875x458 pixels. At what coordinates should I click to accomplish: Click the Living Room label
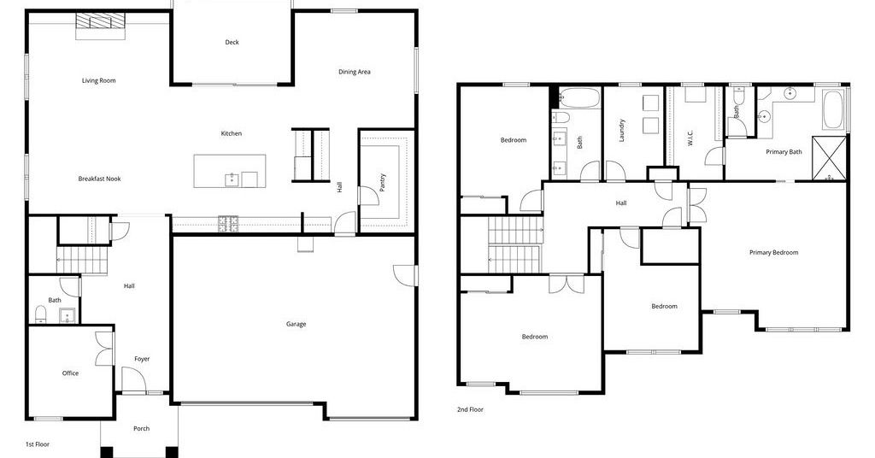click(99, 80)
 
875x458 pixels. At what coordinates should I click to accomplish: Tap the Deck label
click(232, 42)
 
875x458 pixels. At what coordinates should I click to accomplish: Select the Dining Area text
click(355, 72)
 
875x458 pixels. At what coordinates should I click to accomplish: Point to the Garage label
click(296, 324)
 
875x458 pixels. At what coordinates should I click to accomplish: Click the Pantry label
click(382, 182)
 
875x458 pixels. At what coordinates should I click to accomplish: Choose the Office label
click(70, 373)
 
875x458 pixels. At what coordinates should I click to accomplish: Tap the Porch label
click(141, 428)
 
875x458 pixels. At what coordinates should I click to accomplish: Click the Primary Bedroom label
click(773, 252)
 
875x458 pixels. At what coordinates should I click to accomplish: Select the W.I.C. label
click(690, 138)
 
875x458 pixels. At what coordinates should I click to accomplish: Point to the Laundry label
click(622, 130)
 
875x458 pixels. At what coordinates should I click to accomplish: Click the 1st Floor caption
click(38, 444)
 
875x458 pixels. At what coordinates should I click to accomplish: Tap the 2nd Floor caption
click(470, 409)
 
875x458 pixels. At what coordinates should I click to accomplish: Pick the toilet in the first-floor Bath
click(41, 314)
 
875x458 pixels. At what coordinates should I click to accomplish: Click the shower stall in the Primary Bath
click(829, 158)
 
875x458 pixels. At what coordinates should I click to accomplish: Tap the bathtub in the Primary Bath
click(834, 110)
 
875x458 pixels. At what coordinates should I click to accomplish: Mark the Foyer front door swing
click(134, 380)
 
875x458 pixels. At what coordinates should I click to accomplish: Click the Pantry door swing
click(368, 196)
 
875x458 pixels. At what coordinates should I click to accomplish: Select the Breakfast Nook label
click(99, 179)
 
